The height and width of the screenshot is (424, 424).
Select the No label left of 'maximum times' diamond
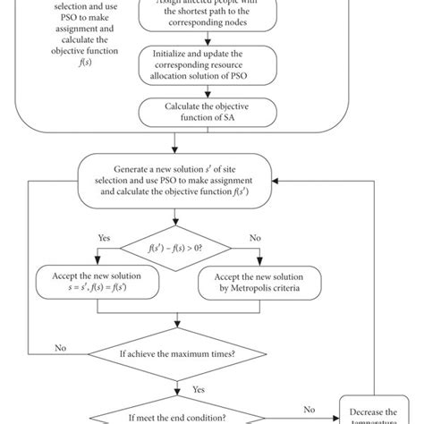point(61,347)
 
